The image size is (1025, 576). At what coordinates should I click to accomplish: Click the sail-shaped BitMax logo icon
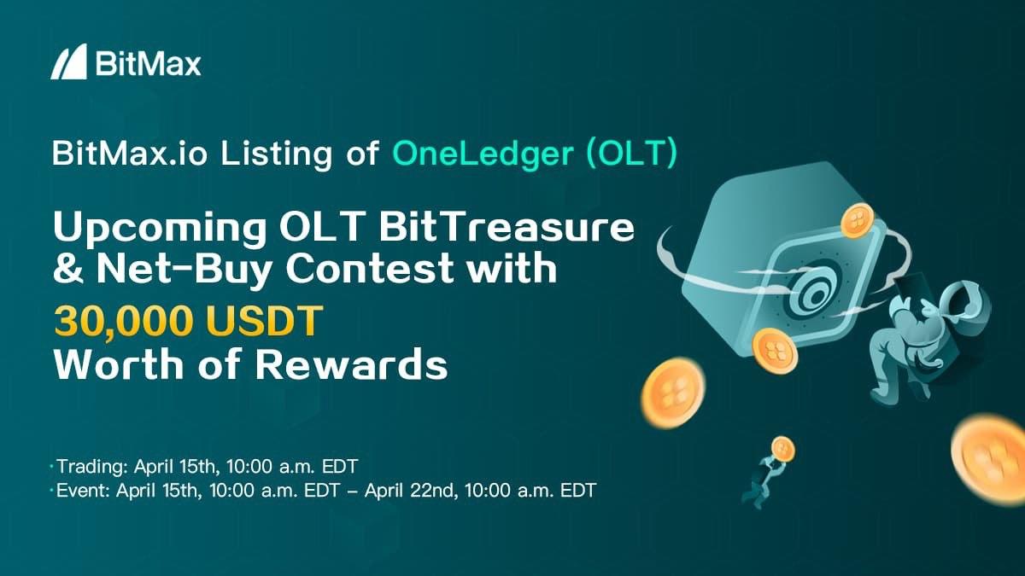coord(68,61)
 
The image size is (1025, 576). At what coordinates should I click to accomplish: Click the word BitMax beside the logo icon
coord(149,65)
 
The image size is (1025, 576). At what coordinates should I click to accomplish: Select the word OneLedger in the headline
coord(483,154)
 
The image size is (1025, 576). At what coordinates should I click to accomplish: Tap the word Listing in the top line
coord(277,154)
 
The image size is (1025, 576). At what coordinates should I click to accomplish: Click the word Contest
coord(370,269)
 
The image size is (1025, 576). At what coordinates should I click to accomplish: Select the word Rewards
coord(351,364)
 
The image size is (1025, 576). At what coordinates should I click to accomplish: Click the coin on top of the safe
coord(858,221)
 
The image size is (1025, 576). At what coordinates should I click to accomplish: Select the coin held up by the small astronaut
coord(783,449)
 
